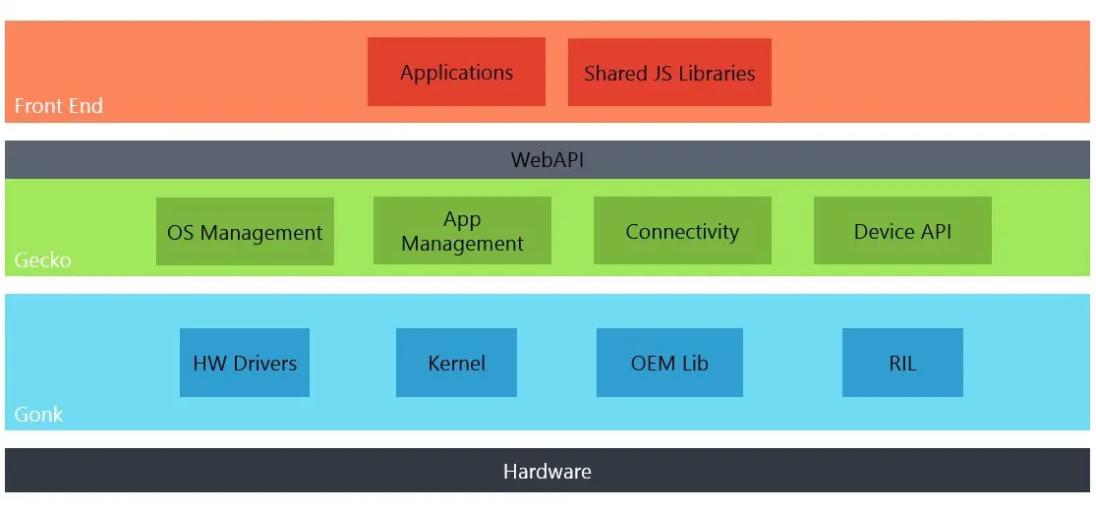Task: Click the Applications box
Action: point(456,72)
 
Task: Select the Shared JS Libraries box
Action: point(669,72)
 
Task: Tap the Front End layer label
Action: point(59,106)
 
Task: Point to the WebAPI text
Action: point(548,160)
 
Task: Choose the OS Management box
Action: point(246,231)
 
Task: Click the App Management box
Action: point(463,231)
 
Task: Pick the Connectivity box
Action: point(682,231)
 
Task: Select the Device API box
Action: point(902,231)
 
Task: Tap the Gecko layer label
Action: point(42,260)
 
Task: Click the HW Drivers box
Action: point(245,363)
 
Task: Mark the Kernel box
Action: point(456,363)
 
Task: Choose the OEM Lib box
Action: point(669,363)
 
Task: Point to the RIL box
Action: point(902,363)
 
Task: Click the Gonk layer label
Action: point(39,415)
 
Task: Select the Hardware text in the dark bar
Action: point(548,471)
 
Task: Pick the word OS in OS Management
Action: point(179,233)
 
